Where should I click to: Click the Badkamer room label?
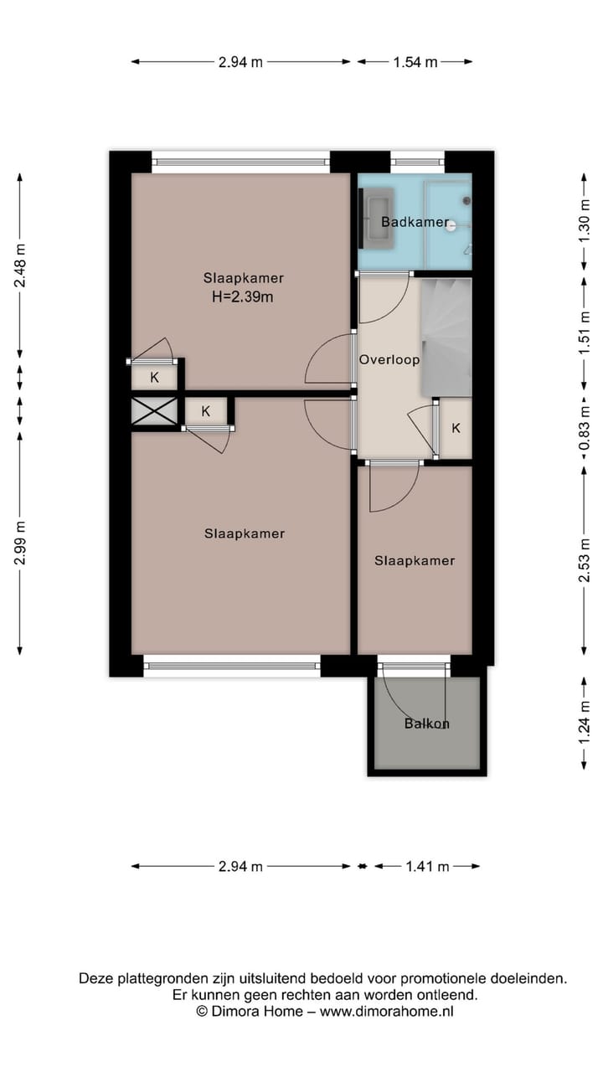click(414, 222)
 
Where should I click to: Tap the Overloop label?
click(389, 359)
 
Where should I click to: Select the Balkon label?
click(426, 724)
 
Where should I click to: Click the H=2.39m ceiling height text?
click(244, 296)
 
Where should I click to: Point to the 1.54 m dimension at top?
click(415, 61)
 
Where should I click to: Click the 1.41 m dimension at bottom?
click(426, 866)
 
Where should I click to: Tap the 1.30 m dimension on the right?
click(585, 222)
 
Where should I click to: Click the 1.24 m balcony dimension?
click(585, 724)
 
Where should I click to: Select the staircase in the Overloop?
click(446, 335)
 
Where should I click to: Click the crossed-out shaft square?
click(155, 411)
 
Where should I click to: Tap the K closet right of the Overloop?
click(456, 429)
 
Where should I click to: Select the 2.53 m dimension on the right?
click(585, 560)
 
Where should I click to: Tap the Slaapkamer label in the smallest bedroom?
click(415, 560)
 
